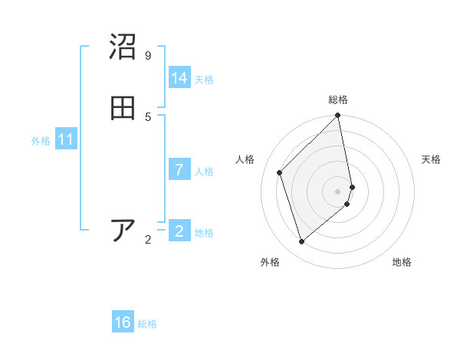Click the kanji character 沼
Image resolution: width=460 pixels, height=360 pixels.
[123, 47]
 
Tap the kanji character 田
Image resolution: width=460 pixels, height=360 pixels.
[123, 108]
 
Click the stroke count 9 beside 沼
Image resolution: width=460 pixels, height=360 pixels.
[148, 56]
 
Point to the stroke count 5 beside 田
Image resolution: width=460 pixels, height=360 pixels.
[148, 116]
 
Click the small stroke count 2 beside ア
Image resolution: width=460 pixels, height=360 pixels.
[148, 240]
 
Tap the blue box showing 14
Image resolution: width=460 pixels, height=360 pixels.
[179, 78]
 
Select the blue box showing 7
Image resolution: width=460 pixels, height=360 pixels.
[179, 170]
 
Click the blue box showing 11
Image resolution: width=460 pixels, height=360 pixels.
[66, 140]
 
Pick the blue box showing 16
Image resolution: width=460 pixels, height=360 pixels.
[123, 322]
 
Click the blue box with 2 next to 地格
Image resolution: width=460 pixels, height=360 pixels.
[179, 231]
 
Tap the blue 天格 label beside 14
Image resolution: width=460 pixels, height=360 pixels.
[204, 80]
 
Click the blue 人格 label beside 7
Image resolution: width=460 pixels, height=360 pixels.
[204, 172]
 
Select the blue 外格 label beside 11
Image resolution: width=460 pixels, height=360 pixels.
[41, 141]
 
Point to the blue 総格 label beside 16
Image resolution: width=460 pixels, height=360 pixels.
[147, 324]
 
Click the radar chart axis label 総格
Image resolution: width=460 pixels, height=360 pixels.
[338, 100]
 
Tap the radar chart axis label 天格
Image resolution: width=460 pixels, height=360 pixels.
[432, 159]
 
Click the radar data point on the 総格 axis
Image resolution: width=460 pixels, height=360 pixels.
[338, 116]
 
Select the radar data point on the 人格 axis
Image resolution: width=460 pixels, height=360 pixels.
[280, 172]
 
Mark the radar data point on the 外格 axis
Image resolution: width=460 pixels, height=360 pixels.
[302, 242]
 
